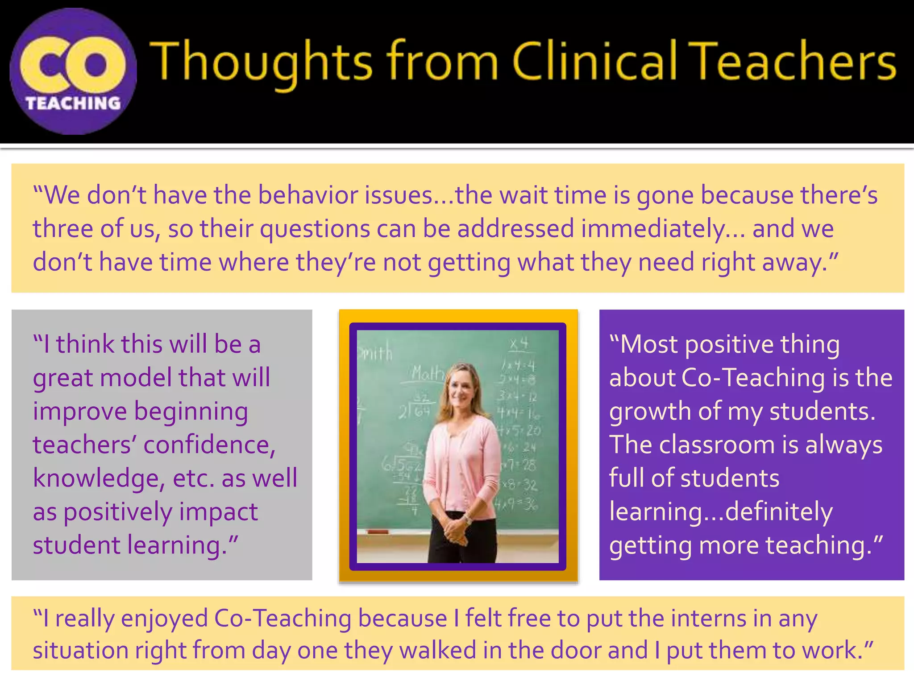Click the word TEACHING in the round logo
(x=73, y=103)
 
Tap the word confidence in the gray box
(x=209, y=445)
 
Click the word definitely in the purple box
(x=779, y=512)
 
